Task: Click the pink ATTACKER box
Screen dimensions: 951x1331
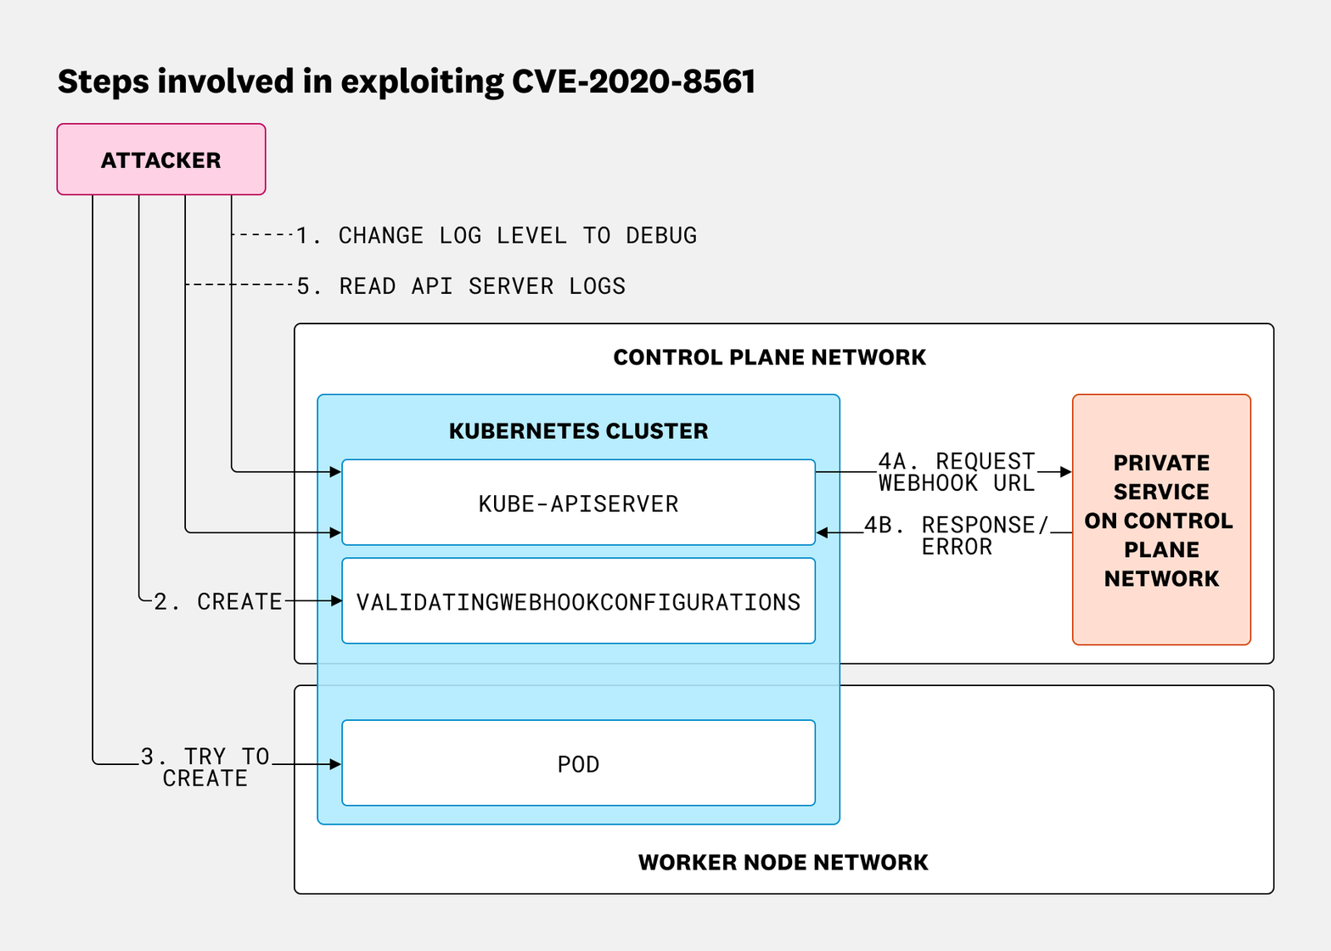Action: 161,160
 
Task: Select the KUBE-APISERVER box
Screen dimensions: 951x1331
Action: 578,503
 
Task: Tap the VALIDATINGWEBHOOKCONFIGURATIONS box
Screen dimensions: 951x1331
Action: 578,601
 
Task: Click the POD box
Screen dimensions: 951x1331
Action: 578,763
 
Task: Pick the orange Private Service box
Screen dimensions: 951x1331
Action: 1161,520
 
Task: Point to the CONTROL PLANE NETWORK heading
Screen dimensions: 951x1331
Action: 769,357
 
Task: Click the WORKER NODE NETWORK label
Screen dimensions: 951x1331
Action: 783,863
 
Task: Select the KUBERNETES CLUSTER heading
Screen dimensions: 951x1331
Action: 578,431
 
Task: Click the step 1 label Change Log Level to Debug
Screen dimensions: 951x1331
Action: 497,235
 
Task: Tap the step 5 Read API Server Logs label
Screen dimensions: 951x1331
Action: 461,286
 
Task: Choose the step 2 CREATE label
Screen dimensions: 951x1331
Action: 218,601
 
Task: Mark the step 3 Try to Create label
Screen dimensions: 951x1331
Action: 205,767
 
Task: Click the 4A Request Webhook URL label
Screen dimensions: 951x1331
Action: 957,472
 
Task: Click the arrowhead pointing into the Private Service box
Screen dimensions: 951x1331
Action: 1066,472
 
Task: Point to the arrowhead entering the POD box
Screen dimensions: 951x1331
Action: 335,764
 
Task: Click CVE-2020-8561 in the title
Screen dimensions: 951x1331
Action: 633,82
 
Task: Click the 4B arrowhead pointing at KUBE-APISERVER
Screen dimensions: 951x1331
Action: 823,533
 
